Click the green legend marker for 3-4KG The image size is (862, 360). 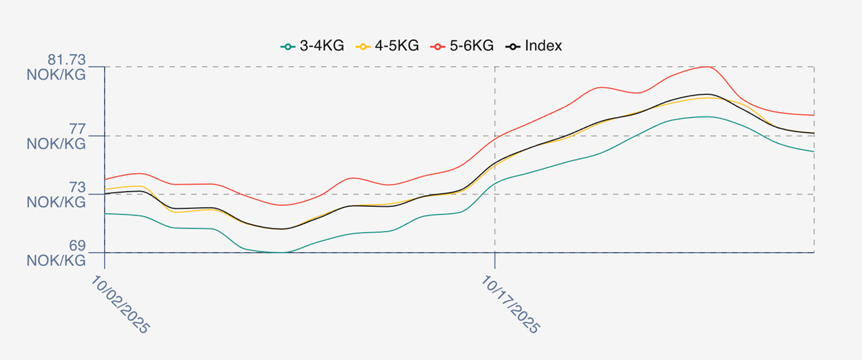[x=287, y=47]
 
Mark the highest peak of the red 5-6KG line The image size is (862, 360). [x=707, y=67]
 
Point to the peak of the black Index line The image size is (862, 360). [x=707, y=94]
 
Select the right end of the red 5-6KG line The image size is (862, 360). [x=814, y=115]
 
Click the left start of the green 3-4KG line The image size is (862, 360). [x=105, y=213]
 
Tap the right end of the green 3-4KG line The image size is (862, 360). [x=814, y=152]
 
